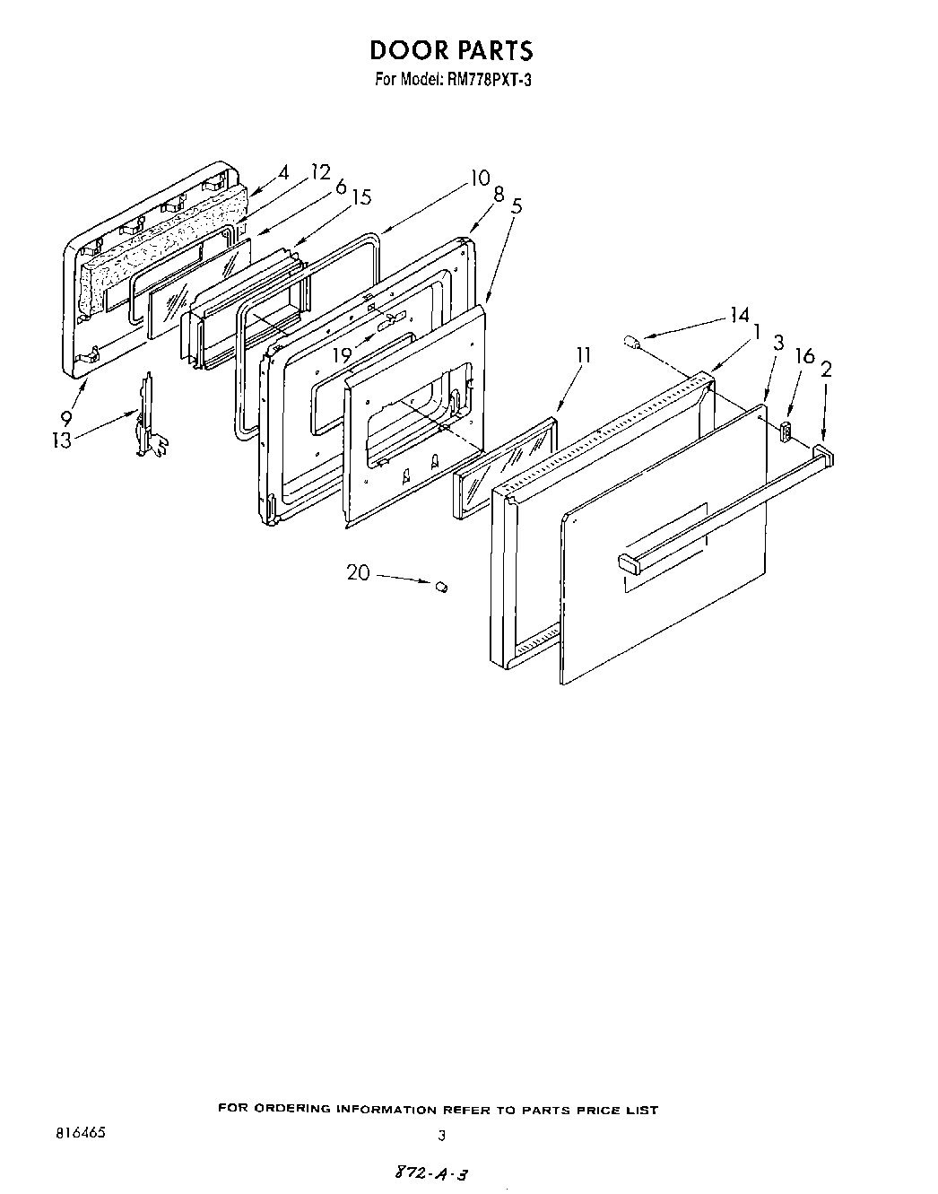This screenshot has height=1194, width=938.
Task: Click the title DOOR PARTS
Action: tap(451, 49)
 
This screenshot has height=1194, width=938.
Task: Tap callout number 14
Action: tap(739, 315)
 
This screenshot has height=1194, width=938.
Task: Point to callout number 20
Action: tap(358, 571)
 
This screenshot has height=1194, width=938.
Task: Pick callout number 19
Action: tap(341, 355)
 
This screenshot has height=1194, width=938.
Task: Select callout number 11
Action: tap(583, 355)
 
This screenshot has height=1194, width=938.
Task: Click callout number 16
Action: tap(804, 357)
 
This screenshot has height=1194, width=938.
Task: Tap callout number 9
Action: tap(66, 417)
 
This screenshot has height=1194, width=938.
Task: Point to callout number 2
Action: tap(826, 368)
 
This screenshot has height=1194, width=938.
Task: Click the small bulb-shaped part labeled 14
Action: tap(631, 342)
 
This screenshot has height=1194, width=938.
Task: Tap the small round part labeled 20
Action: tap(441, 587)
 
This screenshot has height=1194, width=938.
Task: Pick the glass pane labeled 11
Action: tap(507, 467)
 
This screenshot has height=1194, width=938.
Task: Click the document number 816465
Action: tap(80, 1133)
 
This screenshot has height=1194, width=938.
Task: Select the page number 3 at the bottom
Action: tap(440, 1135)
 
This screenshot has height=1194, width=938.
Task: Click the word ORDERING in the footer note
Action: tap(287, 1110)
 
